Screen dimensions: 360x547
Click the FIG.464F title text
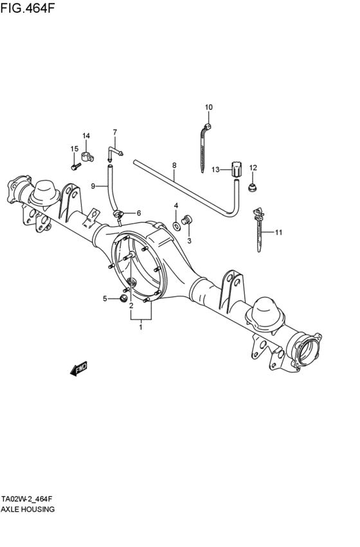tap(28, 8)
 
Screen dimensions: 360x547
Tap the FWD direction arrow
tap(78, 369)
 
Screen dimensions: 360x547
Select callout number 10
tap(208, 107)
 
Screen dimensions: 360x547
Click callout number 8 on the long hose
tap(174, 165)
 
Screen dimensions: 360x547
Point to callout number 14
tap(86, 136)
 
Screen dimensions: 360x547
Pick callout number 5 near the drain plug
tap(105, 298)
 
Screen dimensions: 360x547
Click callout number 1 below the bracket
tap(141, 327)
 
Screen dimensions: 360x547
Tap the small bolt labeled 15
tap(76, 166)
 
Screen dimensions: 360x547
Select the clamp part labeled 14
tap(87, 156)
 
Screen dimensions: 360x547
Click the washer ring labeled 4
tap(176, 226)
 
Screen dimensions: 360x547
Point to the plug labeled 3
tap(187, 220)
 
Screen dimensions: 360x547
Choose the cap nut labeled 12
tap(252, 188)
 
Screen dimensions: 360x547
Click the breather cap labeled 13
tap(236, 170)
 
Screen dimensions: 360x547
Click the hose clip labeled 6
tap(118, 213)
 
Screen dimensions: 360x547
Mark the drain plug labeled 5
tap(123, 298)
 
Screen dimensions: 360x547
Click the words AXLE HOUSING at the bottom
tap(28, 509)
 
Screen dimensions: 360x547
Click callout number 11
tap(278, 232)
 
